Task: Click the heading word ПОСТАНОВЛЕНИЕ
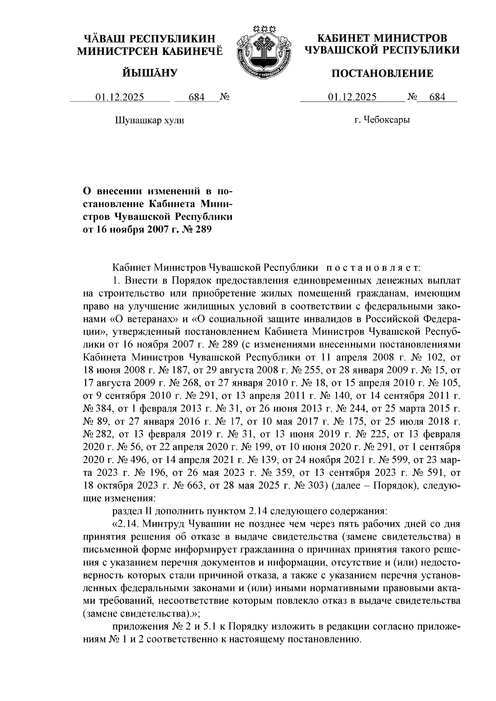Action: pyautogui.click(x=383, y=74)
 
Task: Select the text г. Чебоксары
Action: pyautogui.click(x=382, y=120)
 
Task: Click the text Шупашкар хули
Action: pyautogui.click(x=149, y=121)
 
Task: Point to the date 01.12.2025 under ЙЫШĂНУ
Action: pyautogui.click(x=120, y=97)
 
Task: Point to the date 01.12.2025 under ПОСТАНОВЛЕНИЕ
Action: pyautogui.click(x=352, y=97)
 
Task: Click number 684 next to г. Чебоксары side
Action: pyautogui.click(x=437, y=97)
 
